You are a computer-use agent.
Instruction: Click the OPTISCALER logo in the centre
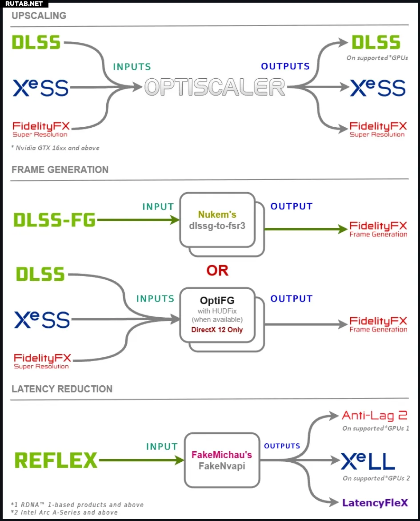(x=215, y=87)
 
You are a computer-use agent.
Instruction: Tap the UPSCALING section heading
(x=39, y=16)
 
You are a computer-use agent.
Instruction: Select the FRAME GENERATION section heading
(x=60, y=170)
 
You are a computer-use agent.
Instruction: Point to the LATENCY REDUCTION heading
(x=62, y=389)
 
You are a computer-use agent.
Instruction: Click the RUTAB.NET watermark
(x=24, y=4)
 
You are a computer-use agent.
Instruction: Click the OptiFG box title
(x=217, y=300)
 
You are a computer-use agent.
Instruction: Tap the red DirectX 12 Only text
(x=217, y=330)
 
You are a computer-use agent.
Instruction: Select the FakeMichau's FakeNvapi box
(x=222, y=460)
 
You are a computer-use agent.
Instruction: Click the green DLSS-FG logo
(x=55, y=220)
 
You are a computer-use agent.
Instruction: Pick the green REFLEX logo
(x=56, y=460)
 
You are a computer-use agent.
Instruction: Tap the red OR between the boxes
(x=217, y=271)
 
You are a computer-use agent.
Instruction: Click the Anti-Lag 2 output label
(x=375, y=416)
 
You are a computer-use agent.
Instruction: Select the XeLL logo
(x=368, y=461)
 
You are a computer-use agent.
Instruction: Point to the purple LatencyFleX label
(x=375, y=503)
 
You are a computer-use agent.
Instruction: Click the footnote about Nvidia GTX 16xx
(x=56, y=148)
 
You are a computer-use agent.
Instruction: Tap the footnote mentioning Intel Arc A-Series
(x=64, y=513)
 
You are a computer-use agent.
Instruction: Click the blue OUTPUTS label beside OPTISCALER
(x=285, y=66)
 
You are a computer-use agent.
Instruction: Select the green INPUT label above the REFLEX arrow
(x=162, y=447)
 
